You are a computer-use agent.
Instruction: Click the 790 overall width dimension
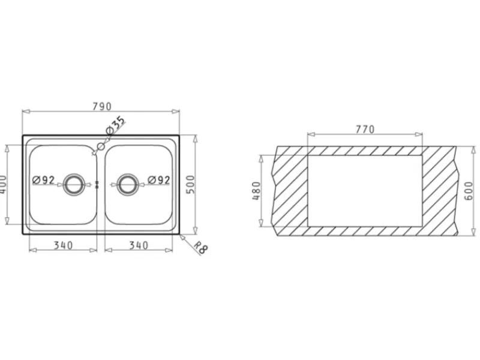[x=102, y=106]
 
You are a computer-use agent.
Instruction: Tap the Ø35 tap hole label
[x=116, y=125]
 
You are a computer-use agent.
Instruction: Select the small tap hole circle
[x=100, y=146]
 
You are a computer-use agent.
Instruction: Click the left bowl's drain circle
[x=73, y=184]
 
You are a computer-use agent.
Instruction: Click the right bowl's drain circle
[x=128, y=184]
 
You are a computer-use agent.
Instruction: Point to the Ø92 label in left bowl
[x=43, y=180]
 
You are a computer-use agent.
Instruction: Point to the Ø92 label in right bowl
[x=159, y=180]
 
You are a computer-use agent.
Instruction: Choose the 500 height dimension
[x=190, y=184]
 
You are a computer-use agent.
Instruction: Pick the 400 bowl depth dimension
[x=2, y=184]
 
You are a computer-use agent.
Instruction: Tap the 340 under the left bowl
[x=64, y=245]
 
